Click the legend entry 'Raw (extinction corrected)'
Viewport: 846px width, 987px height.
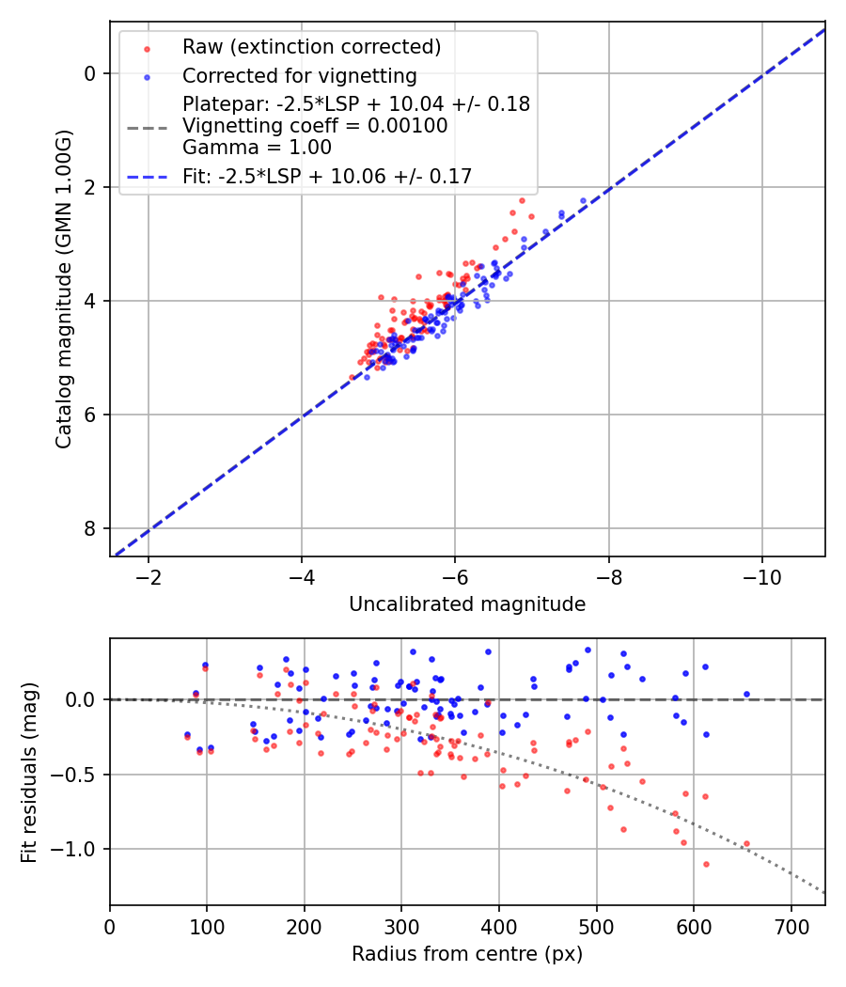[x=311, y=47]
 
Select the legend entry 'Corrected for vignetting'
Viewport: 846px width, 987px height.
[x=299, y=75]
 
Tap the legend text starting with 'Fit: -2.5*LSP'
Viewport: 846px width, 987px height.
[x=327, y=176]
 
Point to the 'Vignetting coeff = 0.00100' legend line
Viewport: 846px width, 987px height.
[x=315, y=125]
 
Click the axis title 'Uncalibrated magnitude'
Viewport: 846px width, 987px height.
[x=467, y=604]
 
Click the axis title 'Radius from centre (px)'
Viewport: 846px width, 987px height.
[x=467, y=954]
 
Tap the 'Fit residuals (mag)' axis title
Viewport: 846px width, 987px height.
[x=29, y=772]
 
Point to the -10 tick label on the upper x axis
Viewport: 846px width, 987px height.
[x=761, y=576]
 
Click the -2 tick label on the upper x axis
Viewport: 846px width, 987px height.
[x=149, y=576]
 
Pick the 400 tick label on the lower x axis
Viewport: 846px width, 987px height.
[x=499, y=926]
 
